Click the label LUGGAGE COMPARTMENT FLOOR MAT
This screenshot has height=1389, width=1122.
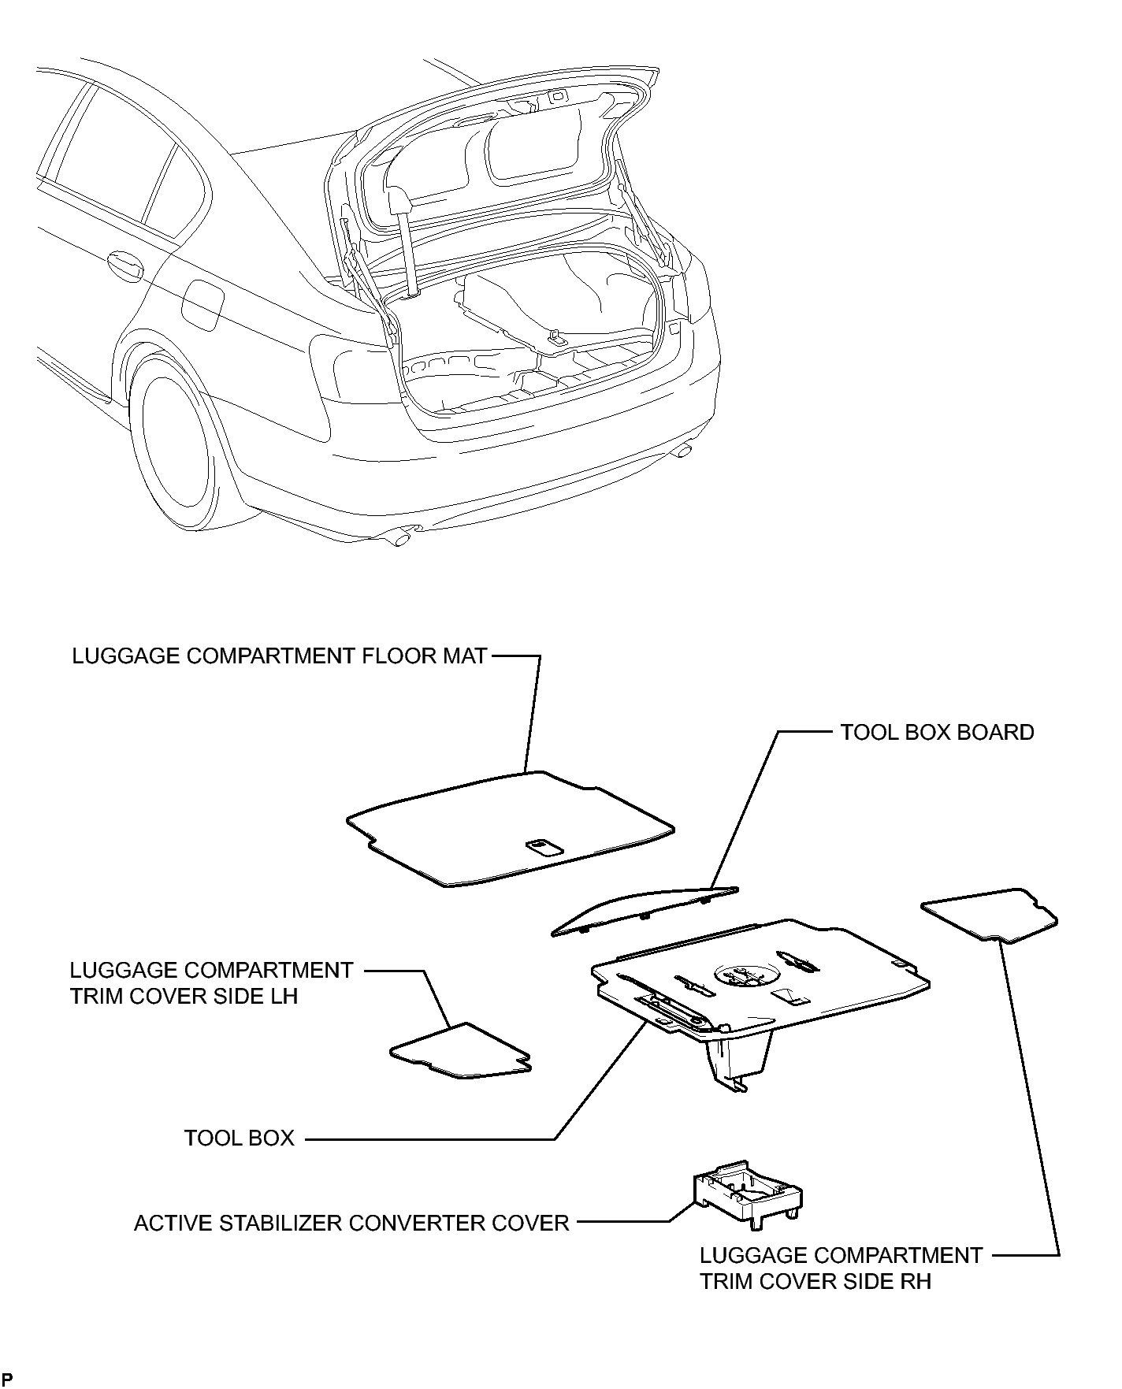280,656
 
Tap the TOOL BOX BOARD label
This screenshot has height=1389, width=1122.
937,733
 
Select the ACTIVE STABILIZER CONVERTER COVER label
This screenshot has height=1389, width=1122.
351,1223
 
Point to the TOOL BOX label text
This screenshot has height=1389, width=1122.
239,1138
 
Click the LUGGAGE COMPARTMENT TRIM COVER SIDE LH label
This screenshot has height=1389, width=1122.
211,982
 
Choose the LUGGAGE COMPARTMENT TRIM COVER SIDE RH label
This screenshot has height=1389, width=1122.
841,1268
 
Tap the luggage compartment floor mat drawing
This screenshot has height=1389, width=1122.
511,829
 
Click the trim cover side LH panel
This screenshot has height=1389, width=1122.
462,1051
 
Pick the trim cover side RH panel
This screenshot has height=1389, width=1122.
990,914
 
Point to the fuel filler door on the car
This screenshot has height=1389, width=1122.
201,305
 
